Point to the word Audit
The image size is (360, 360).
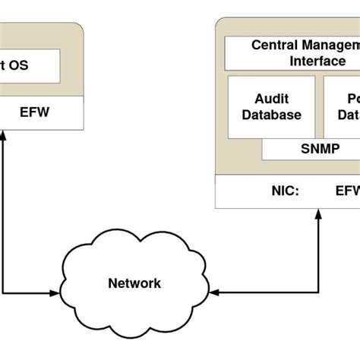[x=272, y=98]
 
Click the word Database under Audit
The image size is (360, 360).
[x=272, y=115]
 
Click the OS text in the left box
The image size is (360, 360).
[x=17, y=65]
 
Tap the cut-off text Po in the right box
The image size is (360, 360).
[x=351, y=98]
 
